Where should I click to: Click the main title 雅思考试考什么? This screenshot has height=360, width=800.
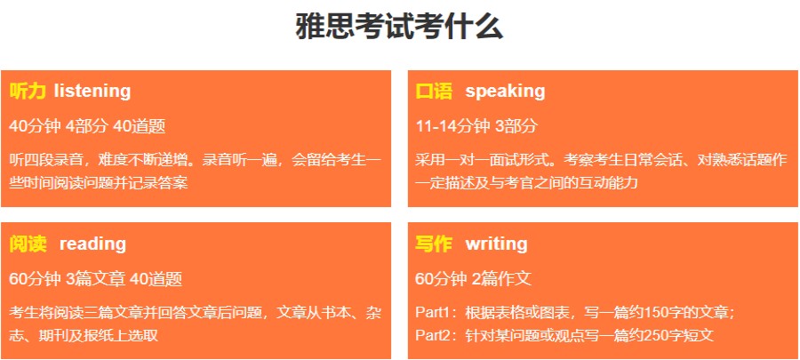pos(399,27)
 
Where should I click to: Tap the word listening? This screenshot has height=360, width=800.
pos(92,91)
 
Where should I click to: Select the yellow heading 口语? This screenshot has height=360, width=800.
pos(434,91)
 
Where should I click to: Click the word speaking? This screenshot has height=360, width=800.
pos(505,91)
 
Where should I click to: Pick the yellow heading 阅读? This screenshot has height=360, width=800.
pos(28,244)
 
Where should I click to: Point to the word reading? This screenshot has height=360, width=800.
pos(92,244)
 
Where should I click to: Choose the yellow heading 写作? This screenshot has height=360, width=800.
pos(434,244)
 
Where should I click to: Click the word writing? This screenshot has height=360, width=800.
pos(496,244)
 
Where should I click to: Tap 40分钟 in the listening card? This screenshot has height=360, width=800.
pos(35,125)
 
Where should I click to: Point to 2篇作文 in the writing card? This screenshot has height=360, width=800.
pos(500,279)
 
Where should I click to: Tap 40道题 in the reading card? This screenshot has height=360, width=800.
pos(156,279)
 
